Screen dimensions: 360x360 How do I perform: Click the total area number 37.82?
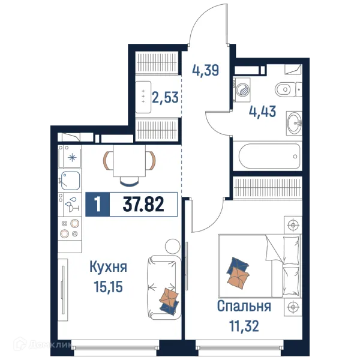(143, 204)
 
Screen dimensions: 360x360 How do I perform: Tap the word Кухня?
(108, 268)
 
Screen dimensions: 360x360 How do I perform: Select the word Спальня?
(244, 306)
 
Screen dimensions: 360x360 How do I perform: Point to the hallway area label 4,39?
(205, 70)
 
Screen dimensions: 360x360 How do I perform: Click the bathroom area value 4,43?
(262, 112)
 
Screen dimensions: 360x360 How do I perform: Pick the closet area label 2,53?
(165, 97)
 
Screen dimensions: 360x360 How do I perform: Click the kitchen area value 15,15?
(108, 287)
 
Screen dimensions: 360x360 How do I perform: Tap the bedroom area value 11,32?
(244, 326)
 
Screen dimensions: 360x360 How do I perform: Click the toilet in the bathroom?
(288, 89)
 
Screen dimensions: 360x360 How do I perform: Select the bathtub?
(269, 157)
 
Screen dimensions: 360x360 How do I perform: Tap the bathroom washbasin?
(294, 124)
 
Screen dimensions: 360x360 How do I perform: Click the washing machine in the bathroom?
(242, 90)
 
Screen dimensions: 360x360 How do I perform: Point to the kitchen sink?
(70, 181)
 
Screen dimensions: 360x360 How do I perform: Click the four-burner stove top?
(70, 229)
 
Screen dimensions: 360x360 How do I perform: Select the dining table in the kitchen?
(129, 161)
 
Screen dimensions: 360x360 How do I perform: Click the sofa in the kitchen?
(163, 287)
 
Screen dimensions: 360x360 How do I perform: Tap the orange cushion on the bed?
(238, 278)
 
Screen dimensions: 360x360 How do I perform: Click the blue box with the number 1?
(98, 205)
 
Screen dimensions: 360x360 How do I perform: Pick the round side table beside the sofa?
(173, 247)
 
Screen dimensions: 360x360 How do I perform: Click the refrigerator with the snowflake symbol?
(70, 157)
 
